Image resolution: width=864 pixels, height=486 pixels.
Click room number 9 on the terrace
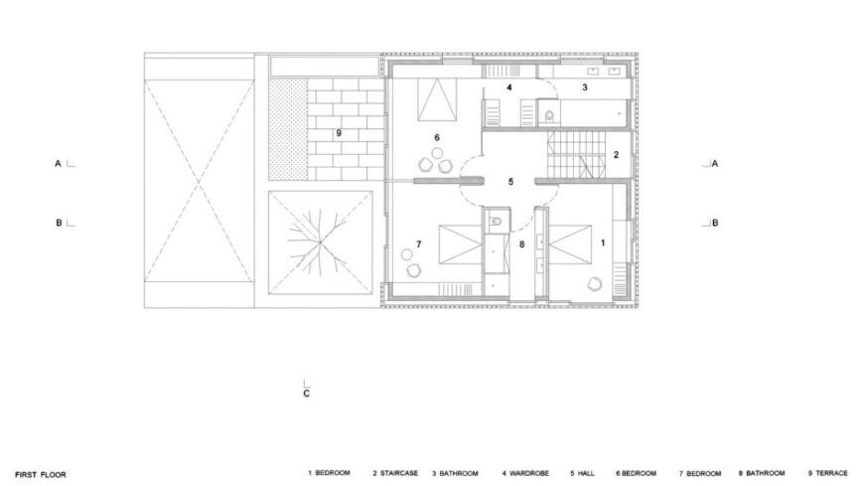pos(339,132)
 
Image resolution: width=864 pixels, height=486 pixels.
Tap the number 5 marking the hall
pos(510,182)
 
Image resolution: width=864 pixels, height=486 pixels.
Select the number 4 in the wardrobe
pos(508,88)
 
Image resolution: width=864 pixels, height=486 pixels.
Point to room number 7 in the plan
pos(419,243)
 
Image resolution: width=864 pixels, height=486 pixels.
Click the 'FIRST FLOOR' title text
pos(41,475)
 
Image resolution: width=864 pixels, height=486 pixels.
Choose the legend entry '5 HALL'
pos(582,474)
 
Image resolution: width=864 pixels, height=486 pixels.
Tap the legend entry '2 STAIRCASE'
pos(395,474)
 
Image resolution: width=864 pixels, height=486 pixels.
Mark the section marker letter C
pos(307,394)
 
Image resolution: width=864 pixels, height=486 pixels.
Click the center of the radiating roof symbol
pos(320,243)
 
